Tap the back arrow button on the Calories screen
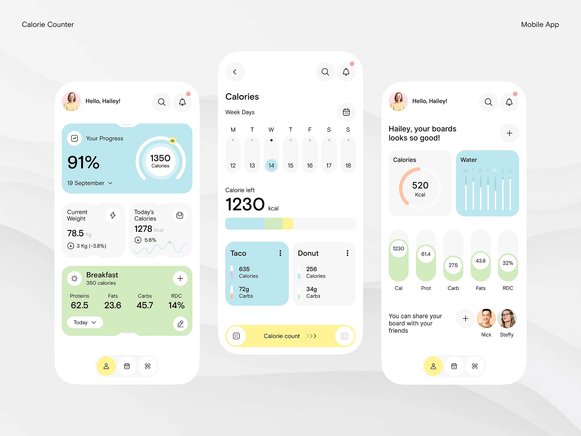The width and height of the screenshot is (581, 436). point(235,72)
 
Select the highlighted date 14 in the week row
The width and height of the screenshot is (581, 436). point(271,165)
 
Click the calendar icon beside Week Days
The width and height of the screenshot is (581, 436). point(346,112)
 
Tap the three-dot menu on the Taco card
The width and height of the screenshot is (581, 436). point(280,253)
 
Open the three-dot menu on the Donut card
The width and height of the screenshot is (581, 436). point(347,253)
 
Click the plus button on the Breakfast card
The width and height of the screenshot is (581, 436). point(180,278)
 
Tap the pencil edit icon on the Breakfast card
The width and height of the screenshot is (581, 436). point(180,324)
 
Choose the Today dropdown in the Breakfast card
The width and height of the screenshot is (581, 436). point(85,322)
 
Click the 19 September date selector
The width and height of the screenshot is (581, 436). point(90,183)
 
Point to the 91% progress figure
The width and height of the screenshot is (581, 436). point(83,162)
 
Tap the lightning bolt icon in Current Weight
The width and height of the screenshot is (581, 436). point(113,215)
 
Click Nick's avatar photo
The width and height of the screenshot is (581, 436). point(486,318)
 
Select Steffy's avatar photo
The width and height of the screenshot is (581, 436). point(507,318)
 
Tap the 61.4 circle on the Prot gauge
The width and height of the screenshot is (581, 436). point(426,254)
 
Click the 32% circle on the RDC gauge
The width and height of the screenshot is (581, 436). point(508,263)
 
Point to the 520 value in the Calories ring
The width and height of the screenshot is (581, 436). point(420,185)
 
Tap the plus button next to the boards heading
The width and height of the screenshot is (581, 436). point(510,133)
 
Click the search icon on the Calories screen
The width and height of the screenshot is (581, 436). point(325,72)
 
